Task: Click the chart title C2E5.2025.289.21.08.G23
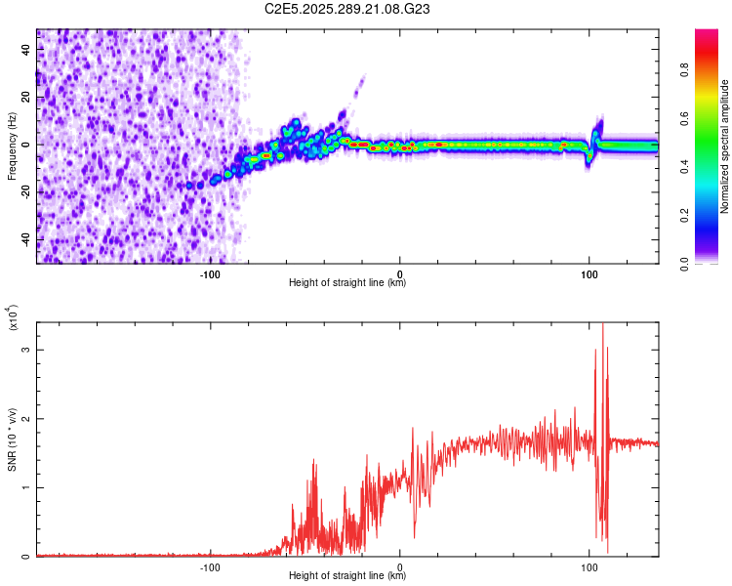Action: (x=348, y=9)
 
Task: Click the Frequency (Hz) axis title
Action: (x=13, y=146)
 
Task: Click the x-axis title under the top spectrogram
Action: (x=347, y=283)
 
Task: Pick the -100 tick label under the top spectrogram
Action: (x=210, y=274)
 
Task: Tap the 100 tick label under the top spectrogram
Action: (x=590, y=274)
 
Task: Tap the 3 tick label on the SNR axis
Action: (x=26, y=349)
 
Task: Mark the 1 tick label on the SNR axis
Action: (x=26, y=487)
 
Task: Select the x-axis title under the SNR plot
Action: (x=347, y=576)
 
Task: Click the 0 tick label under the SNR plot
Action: (x=400, y=567)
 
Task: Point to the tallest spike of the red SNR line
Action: (x=602, y=325)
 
